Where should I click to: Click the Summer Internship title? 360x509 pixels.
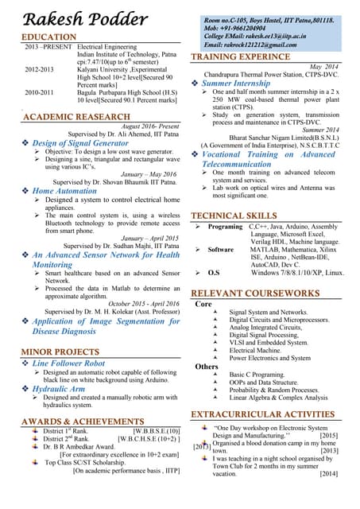[x=236, y=84]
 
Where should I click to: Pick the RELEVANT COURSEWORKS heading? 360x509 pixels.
[x=254, y=293]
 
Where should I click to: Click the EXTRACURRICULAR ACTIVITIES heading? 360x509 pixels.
[x=266, y=414]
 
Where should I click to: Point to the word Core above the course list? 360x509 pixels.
[x=203, y=304]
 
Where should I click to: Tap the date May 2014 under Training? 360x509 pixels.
[x=323, y=67]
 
